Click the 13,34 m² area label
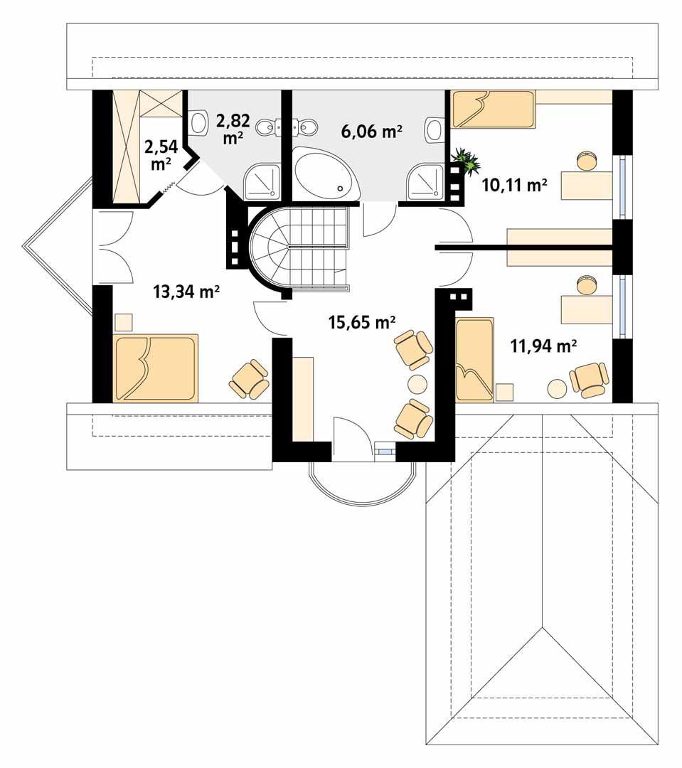pos(186,292)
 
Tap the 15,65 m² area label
pos(362,322)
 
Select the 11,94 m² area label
pos(543,346)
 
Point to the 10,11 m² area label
pos(514,185)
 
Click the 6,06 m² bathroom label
pos(372,132)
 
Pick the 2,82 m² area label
pos(233,129)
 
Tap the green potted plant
pos(465,161)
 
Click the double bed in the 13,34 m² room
pos(155,368)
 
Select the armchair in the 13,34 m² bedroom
pos(250,379)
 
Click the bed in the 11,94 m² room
pos(474,360)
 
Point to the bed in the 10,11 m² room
pos(494,109)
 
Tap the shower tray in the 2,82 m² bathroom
pos(262,182)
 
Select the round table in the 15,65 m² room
pos(417,383)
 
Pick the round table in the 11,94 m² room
pos(557,390)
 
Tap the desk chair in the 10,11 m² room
pos(587,160)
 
